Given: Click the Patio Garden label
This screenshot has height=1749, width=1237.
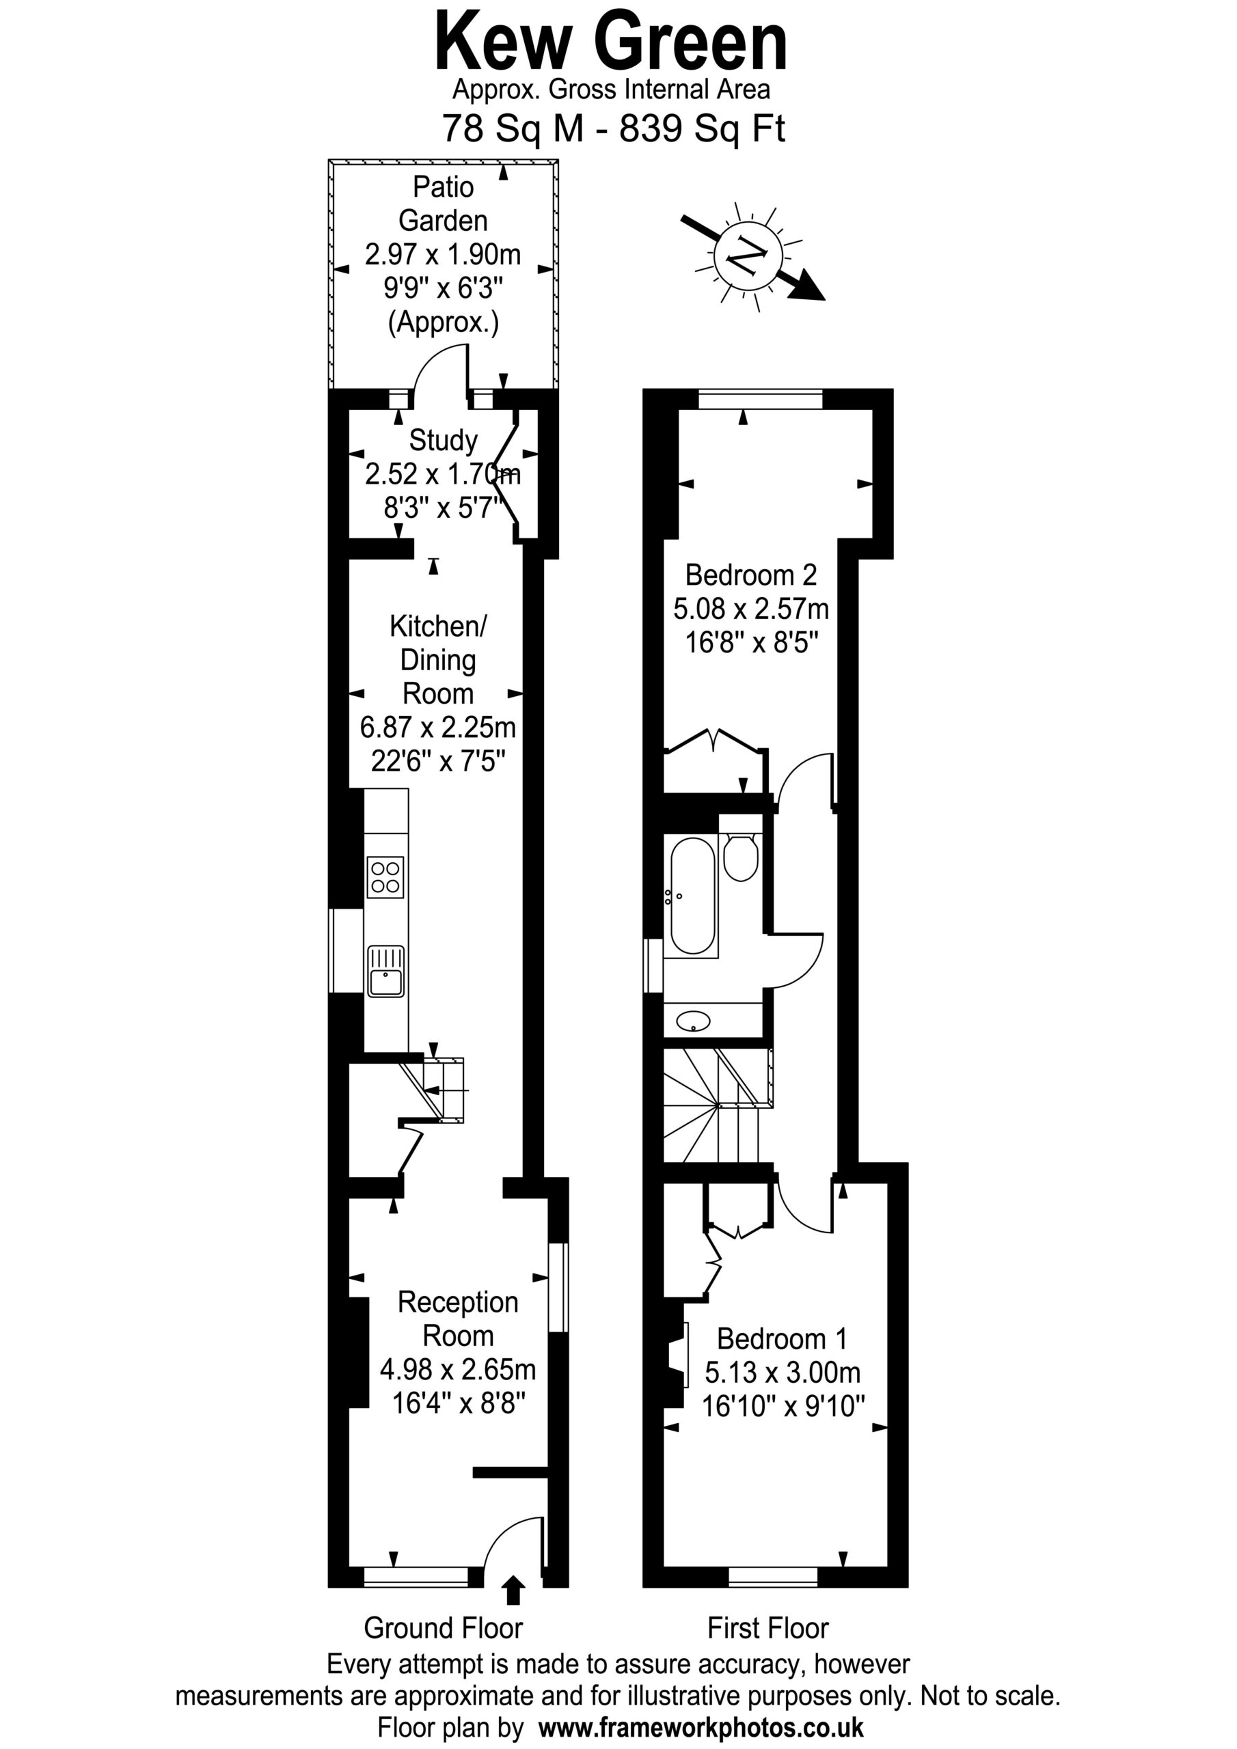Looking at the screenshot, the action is point(443,204).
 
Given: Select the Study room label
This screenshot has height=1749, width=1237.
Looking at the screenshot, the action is point(443,440).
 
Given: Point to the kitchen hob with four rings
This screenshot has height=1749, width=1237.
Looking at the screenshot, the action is point(385,877).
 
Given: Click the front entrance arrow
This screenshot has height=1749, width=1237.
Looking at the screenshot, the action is point(514,1590).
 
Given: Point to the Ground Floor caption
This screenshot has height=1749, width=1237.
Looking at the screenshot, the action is point(443,1628).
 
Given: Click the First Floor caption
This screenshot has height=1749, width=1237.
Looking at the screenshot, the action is point(767,1628).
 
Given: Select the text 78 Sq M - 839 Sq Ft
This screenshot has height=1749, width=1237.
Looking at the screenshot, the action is point(614,128).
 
